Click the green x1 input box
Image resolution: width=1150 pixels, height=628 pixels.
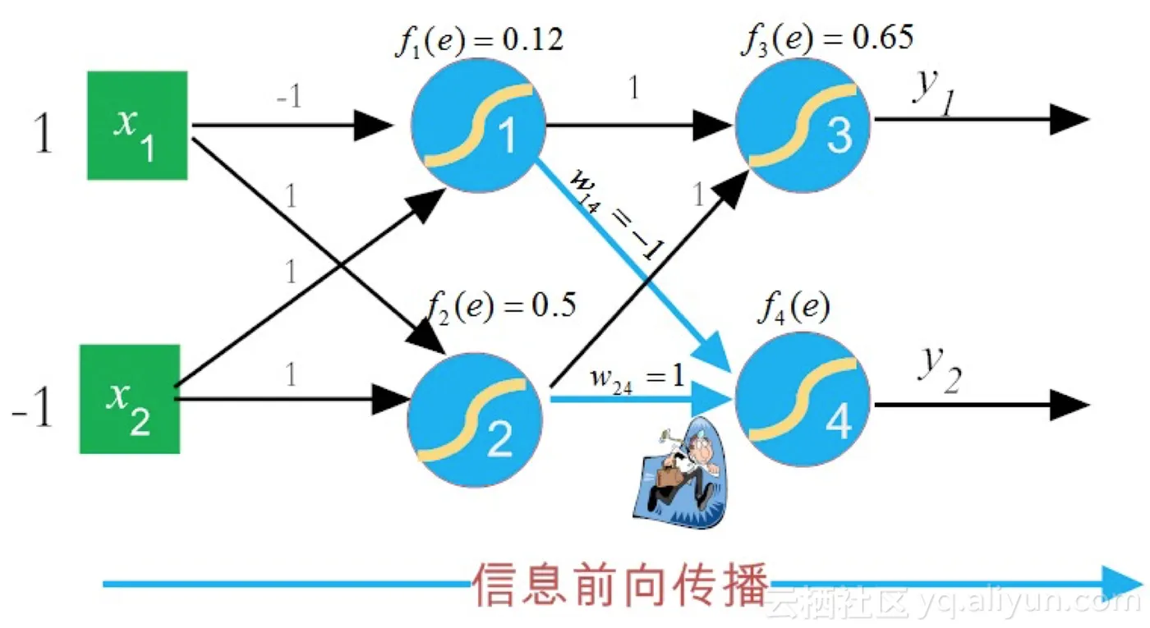coord(137,125)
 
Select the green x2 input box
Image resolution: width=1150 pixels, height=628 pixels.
coord(129,399)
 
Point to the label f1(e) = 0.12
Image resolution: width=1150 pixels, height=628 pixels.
coord(479,40)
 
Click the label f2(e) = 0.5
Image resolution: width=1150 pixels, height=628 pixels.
coord(501,305)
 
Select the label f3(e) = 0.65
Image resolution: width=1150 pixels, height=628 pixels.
coord(826,38)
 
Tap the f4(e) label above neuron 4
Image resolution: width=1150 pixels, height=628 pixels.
coord(793,309)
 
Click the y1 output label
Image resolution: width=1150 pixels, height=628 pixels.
coord(932,89)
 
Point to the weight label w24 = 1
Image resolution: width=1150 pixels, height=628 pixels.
coord(636,378)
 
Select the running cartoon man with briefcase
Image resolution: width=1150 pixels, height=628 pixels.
coord(682,474)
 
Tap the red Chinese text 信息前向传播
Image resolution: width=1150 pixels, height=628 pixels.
coord(620,584)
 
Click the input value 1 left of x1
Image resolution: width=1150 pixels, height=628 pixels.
coord(43,135)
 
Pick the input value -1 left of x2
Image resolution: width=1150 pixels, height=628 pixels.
coord(33,409)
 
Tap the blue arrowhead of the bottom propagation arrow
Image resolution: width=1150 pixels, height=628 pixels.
coord(1121,584)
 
